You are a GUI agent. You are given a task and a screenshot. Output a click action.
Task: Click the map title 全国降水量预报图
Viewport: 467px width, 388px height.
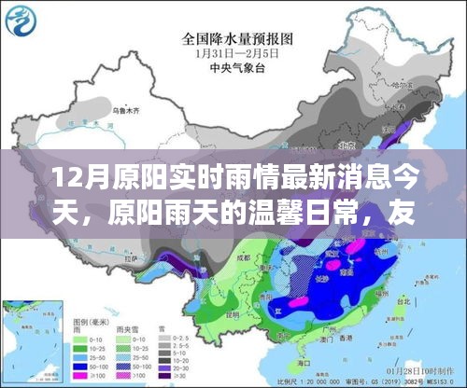[233, 40]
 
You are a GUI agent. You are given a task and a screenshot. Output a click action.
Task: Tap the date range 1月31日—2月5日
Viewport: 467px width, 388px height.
[233, 54]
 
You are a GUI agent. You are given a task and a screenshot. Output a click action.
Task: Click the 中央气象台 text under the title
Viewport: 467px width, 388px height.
[233, 66]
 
